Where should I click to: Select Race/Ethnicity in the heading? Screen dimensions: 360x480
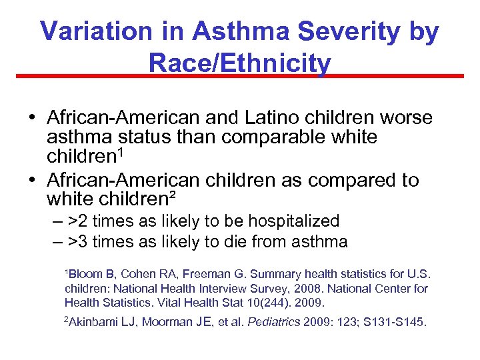point(240,63)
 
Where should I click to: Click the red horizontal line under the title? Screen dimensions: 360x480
point(240,76)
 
